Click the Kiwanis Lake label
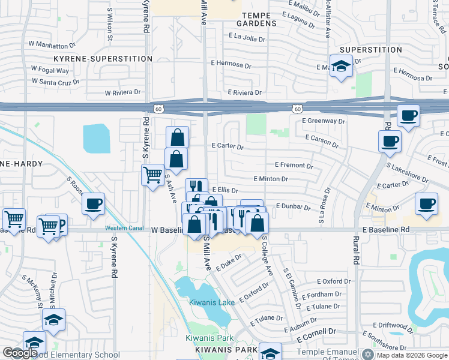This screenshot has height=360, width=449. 212,302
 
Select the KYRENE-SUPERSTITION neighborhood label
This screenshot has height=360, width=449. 103,59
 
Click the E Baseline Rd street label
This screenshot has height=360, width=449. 385,230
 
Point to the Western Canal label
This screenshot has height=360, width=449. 124,228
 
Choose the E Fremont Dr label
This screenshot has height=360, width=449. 294,165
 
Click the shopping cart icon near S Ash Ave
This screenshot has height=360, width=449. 153,175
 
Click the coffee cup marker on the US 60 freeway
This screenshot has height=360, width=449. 408,115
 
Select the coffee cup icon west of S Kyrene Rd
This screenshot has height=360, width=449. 94,204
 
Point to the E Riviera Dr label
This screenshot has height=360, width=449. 244,92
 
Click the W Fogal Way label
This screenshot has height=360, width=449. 50,70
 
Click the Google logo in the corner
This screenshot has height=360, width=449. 20,353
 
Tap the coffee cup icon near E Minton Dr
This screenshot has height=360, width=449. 426,203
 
